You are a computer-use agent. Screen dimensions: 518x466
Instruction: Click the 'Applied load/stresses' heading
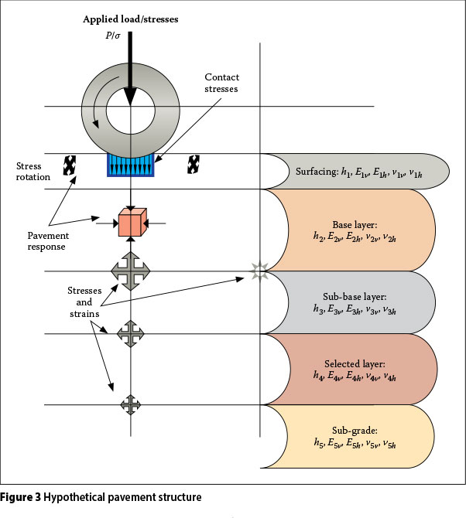(x=130, y=18)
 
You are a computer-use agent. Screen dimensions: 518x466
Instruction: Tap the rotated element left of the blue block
(x=70, y=165)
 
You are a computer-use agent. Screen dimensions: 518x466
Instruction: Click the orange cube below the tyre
(x=131, y=223)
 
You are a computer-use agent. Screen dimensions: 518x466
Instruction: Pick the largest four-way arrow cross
(x=131, y=271)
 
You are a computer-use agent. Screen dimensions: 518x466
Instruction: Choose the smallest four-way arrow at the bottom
(x=131, y=404)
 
